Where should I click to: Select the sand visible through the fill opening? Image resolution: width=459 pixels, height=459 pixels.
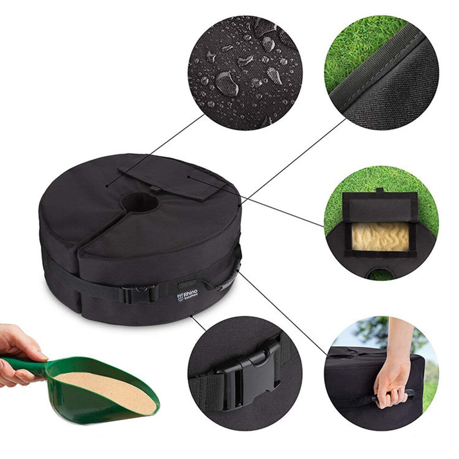381,237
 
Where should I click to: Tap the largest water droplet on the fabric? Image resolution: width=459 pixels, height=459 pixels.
227,83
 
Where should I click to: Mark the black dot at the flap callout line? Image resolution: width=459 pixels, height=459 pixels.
190,175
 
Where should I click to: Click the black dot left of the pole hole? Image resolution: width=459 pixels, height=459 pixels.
107,186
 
